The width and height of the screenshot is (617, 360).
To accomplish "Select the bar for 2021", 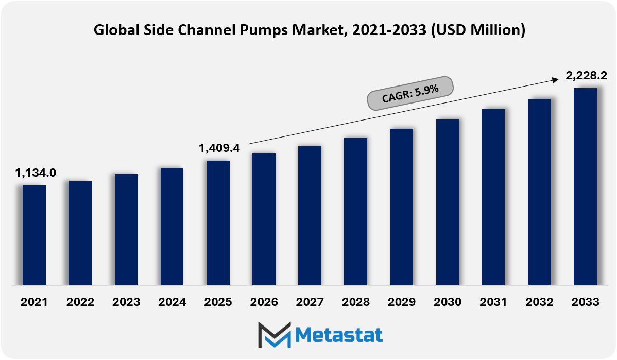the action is pos(34,235).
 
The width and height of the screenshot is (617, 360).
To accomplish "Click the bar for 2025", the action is pos(218,222).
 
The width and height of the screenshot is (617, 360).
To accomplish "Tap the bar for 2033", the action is pos(585,186).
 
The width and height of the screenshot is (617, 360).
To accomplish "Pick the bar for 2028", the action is pos(355,212).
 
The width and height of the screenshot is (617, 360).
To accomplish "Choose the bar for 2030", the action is pos(448,202).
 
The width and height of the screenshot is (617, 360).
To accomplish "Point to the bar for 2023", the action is pos(126,230).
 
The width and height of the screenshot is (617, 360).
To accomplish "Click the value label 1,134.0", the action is pos(36,173).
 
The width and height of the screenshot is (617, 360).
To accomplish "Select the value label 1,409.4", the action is pos(219,148).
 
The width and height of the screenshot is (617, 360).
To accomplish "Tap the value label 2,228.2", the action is pos(586,75).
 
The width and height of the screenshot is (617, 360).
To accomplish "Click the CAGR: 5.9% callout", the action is pos(410,93).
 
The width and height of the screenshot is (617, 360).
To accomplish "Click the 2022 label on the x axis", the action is pos(80,302).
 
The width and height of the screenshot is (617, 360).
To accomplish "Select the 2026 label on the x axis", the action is pos(264,302).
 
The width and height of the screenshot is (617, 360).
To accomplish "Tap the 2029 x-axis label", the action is pos(402,302).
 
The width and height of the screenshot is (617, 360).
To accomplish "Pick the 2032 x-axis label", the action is pos(539,302).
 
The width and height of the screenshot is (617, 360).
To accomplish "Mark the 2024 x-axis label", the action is pos(172,302).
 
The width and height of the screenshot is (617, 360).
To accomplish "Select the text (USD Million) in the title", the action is pos(478,30).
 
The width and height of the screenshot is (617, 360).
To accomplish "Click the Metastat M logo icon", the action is pos(275,335).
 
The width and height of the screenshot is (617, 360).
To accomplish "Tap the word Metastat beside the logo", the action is pos(339,336).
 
